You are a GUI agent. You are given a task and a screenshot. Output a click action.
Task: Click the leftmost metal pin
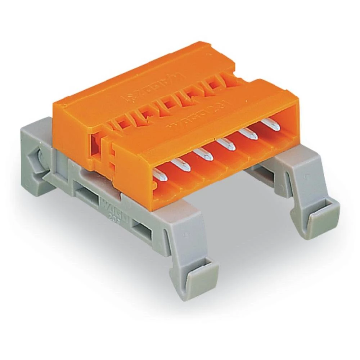(158, 176)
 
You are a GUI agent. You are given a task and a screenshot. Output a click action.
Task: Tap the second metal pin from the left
(180, 165)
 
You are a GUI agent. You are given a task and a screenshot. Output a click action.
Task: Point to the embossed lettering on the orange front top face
(187, 119)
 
